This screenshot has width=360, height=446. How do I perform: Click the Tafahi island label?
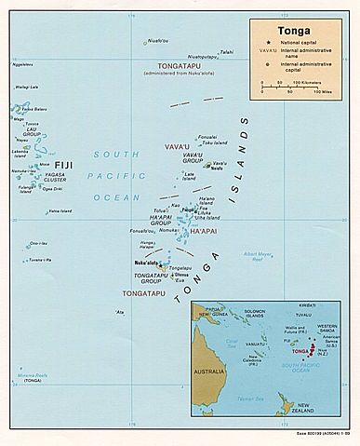click(x=226, y=51)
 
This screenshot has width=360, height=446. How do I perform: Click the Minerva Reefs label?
click(x=32, y=377)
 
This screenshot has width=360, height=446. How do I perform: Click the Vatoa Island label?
click(x=60, y=210)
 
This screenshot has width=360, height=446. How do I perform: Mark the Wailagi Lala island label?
click(x=26, y=87)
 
